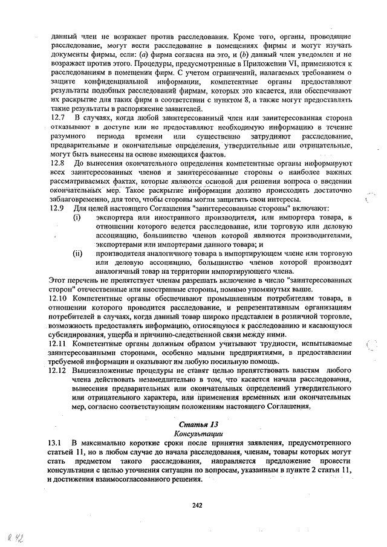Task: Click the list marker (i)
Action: [x=77, y=218]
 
